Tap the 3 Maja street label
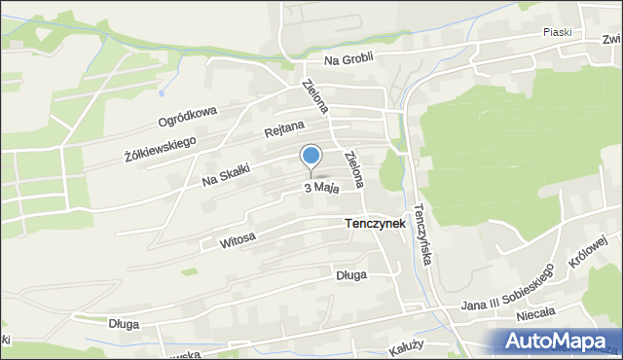(321, 188)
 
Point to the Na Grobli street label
(348, 60)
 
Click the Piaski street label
(558, 32)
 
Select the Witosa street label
(238, 238)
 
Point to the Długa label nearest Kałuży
(350, 275)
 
